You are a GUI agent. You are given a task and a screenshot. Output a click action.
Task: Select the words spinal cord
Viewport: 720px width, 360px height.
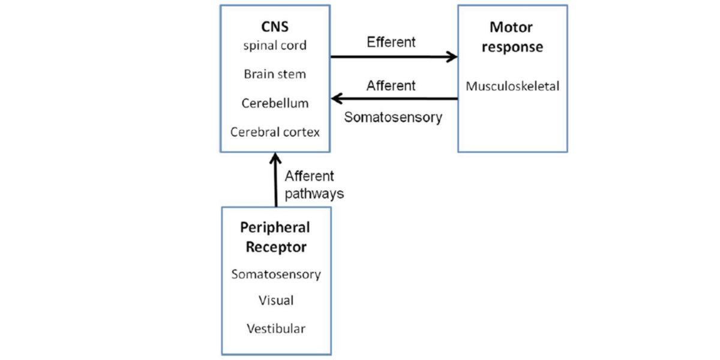[275, 46]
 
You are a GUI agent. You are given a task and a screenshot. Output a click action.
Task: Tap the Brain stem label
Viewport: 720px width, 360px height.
[275, 74]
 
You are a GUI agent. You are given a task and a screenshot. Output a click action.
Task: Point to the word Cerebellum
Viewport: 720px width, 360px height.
[275, 103]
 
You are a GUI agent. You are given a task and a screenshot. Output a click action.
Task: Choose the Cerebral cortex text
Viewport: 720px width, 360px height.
[275, 132]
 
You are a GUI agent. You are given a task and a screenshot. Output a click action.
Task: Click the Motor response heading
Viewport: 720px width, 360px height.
[512, 37]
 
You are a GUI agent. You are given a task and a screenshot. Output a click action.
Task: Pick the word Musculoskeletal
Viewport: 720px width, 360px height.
[512, 86]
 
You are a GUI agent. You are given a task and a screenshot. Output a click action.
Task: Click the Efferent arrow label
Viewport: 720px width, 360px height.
[391, 43]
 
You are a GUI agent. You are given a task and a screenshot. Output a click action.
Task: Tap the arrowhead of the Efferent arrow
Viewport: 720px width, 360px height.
[452, 57]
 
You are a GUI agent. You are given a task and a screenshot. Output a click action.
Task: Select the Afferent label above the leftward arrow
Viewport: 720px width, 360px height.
[391, 86]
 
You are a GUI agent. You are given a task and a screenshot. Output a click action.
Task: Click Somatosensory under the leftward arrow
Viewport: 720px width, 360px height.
[393, 117]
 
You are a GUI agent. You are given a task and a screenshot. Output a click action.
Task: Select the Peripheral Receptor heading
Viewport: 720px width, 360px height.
[275, 237]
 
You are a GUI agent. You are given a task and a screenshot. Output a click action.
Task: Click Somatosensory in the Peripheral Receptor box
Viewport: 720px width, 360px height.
[276, 275]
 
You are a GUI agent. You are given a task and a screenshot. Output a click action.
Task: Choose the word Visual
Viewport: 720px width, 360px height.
[276, 300]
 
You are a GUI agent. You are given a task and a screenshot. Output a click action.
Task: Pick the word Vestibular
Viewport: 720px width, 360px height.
[276, 329]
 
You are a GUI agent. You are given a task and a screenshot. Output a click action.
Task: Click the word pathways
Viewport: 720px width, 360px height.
[314, 194]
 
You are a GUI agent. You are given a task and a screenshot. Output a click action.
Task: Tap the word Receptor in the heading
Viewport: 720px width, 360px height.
[276, 247]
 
